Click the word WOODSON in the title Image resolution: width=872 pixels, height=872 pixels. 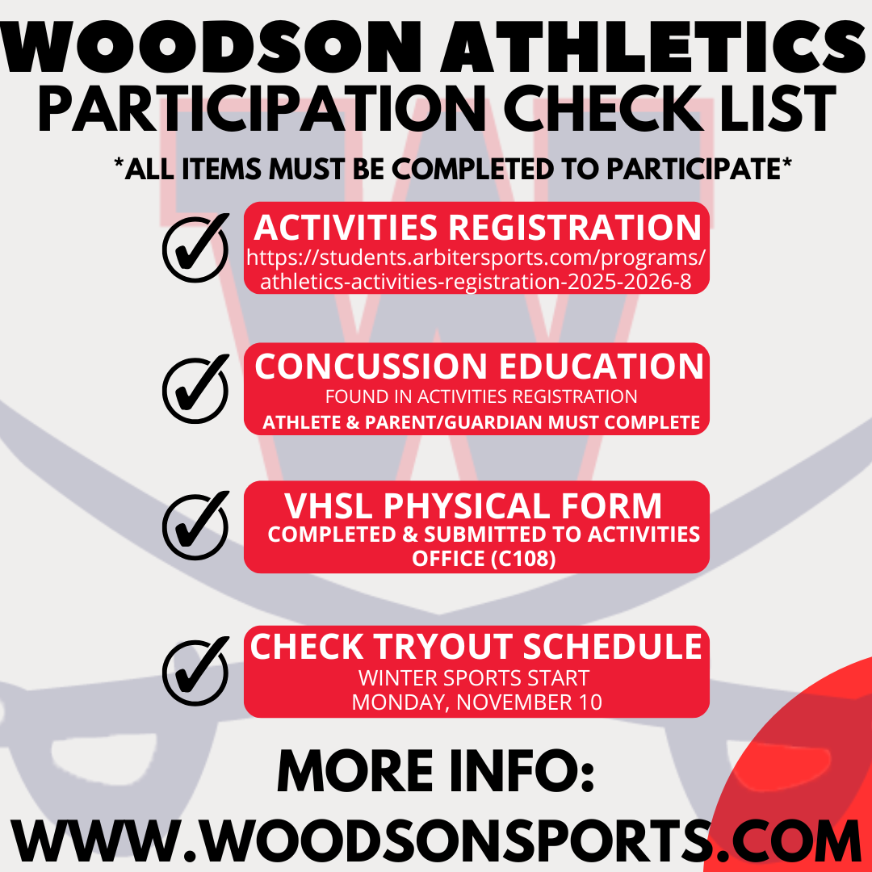pos(211,48)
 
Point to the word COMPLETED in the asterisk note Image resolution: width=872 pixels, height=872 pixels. pos(472,169)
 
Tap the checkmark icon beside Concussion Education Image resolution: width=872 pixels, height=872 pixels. pos(195,388)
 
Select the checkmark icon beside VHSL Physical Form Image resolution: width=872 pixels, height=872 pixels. pos(195,525)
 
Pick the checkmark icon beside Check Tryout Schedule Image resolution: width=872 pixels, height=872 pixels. pos(195,671)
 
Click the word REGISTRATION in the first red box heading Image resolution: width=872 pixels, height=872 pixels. pos(575,228)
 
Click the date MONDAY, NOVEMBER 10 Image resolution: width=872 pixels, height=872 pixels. pos(476,702)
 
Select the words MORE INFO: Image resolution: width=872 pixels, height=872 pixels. pos(436,771)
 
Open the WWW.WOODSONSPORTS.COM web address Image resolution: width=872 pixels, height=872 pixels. pos(436,840)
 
